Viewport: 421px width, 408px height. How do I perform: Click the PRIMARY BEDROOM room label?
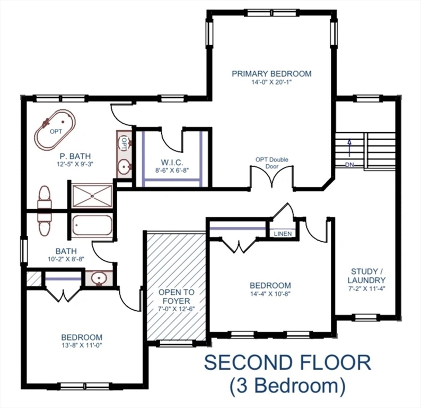click(x=271, y=74)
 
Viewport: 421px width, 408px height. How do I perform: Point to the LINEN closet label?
click(x=282, y=234)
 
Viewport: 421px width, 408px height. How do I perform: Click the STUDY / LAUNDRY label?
click(x=366, y=276)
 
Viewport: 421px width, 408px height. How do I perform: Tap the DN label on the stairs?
click(x=349, y=165)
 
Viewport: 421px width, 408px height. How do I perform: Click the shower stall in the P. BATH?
click(x=92, y=194)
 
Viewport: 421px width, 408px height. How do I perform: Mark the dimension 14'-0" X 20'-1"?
click(x=271, y=83)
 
